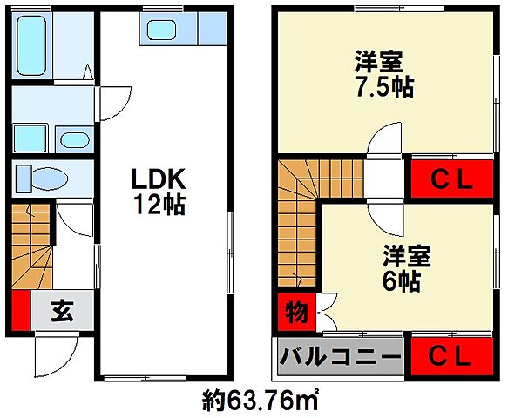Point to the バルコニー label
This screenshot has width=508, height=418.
pyautogui.click(x=340, y=357)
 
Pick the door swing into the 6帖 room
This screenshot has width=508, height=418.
pyautogui.click(x=383, y=209)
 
